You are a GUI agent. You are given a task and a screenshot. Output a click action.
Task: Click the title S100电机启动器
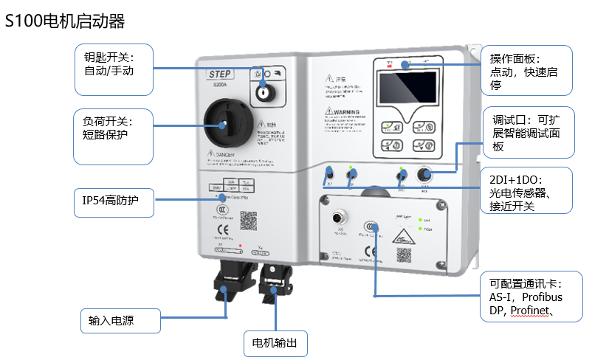(x=66, y=22)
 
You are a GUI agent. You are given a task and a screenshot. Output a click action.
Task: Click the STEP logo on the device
(x=221, y=74)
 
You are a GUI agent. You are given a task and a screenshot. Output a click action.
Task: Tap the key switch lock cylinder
(x=263, y=94)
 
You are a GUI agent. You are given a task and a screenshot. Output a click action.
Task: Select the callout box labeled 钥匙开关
(x=114, y=69)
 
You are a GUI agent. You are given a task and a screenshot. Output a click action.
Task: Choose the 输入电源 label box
(x=119, y=320)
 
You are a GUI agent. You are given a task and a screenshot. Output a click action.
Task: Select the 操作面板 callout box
(x=527, y=70)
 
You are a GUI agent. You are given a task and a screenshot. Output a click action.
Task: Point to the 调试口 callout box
(x=527, y=133)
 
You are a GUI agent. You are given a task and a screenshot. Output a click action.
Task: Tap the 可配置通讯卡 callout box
(x=527, y=297)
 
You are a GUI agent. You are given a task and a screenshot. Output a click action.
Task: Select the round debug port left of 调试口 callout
(x=424, y=175)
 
